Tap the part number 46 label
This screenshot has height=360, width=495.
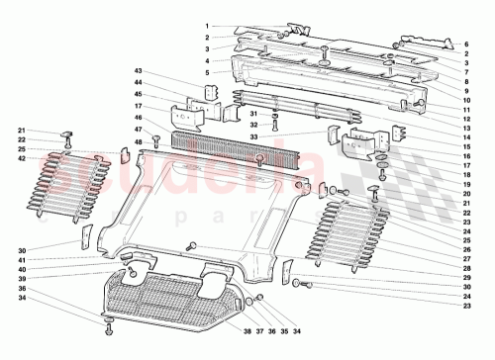click(x=140, y=118)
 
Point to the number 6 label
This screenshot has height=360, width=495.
click(x=466, y=45)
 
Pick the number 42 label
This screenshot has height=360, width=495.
click(x=22, y=158)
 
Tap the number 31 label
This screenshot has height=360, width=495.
click(x=253, y=114)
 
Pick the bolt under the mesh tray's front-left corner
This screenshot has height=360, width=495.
click(x=108, y=320)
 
